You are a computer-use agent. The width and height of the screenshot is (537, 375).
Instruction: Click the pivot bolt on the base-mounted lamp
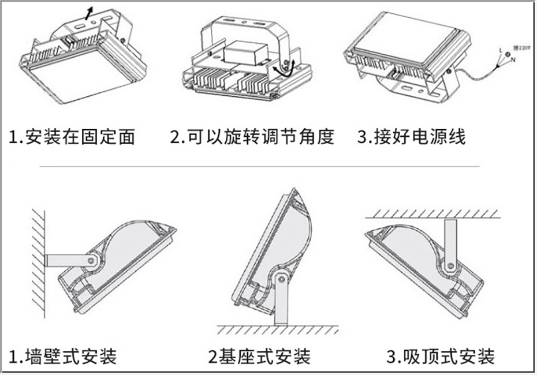(281, 279)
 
